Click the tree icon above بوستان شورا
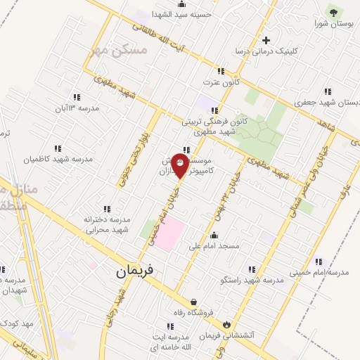(x=333, y=11)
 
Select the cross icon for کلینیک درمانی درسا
(x=265, y=40)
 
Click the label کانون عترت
(x=217, y=83)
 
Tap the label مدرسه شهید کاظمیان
(x=57, y=160)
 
